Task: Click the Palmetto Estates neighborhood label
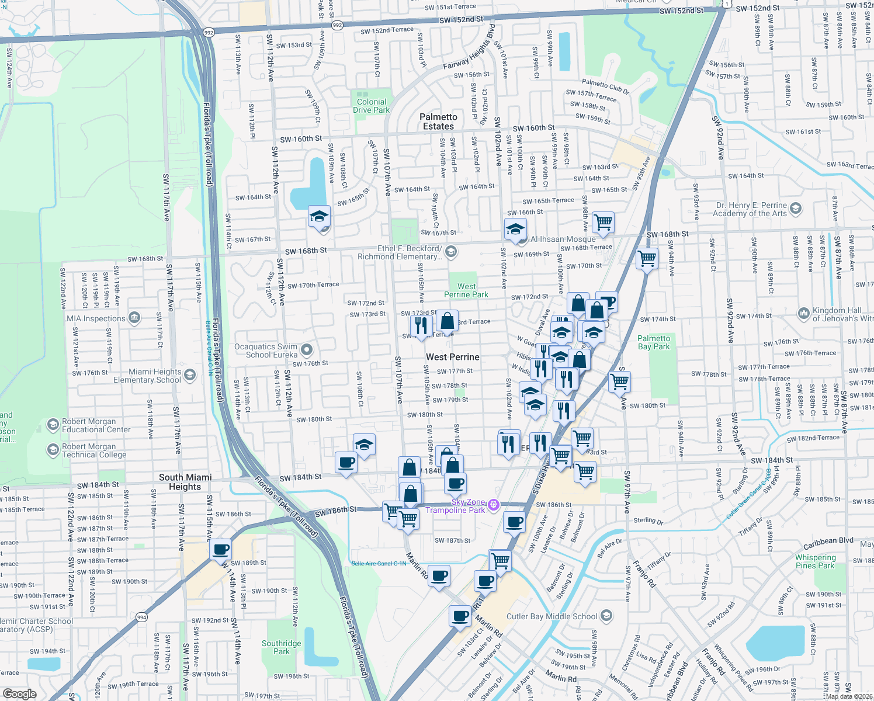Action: tap(438, 122)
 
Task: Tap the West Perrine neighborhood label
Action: tap(452, 357)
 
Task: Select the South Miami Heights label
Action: tap(185, 482)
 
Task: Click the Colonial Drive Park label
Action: tap(372, 106)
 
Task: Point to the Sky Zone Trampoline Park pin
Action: tap(494, 505)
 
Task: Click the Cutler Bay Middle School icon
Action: tap(606, 616)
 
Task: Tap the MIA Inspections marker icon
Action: tap(134, 318)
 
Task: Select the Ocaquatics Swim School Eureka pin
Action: tap(307, 350)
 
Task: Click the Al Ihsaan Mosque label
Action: tap(563, 239)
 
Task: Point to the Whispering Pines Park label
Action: tap(815, 561)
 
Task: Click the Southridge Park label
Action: tap(282, 647)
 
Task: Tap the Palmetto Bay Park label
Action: tap(654, 342)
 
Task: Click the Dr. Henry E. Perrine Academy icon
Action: tap(796, 209)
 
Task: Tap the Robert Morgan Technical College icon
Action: tap(53, 450)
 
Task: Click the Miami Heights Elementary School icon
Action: tap(190, 375)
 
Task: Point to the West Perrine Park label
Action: tap(466, 290)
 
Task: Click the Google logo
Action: tap(19, 694)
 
